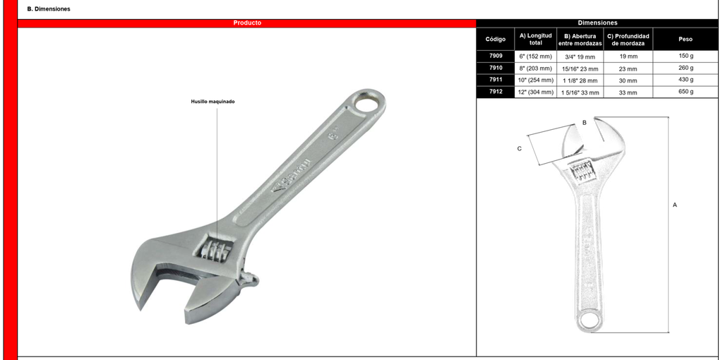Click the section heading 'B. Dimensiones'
(x=49, y=9)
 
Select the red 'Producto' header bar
(x=247, y=23)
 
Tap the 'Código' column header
(x=496, y=39)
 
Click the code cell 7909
(x=496, y=56)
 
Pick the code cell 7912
(x=496, y=92)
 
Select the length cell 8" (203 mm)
(x=536, y=68)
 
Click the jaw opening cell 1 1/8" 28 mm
(x=580, y=80)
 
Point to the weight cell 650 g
(x=686, y=92)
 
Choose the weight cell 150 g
(x=686, y=56)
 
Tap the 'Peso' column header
(x=686, y=39)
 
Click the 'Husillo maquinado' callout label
(x=213, y=102)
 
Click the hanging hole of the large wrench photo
(x=369, y=104)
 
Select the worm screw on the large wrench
(x=214, y=248)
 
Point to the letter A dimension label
(x=675, y=205)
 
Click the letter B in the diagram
(x=584, y=123)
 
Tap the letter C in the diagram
(x=520, y=148)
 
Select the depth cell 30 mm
(x=628, y=80)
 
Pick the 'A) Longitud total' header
(x=536, y=39)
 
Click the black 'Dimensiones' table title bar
(x=597, y=23)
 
